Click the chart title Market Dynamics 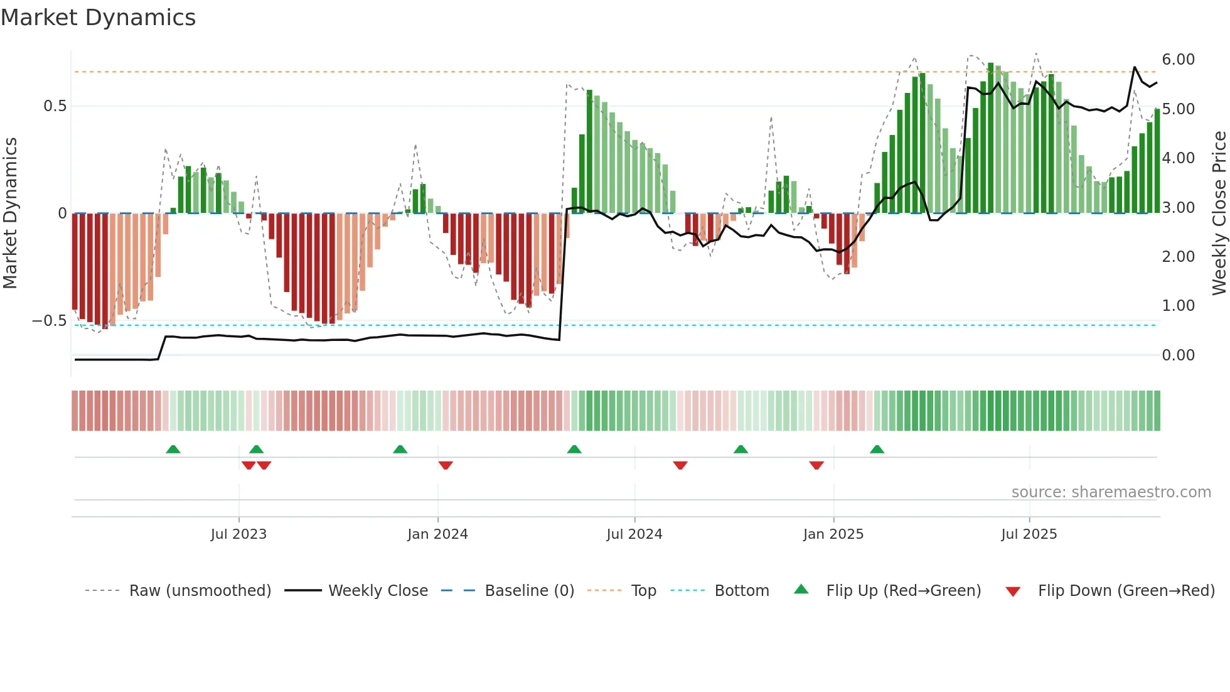coord(99,18)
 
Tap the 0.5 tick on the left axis coord(55,106)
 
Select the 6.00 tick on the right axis coord(1178,60)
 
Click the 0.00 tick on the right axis coord(1178,355)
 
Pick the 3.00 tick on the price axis coord(1178,208)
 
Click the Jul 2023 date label coord(238,534)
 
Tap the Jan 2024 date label coord(437,534)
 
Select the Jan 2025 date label coord(833,534)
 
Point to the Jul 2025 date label coord(1029,534)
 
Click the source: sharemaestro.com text coord(1111,492)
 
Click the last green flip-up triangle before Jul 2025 coord(877,449)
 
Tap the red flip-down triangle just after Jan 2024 coord(446,465)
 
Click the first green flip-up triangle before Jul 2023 coord(173,449)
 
